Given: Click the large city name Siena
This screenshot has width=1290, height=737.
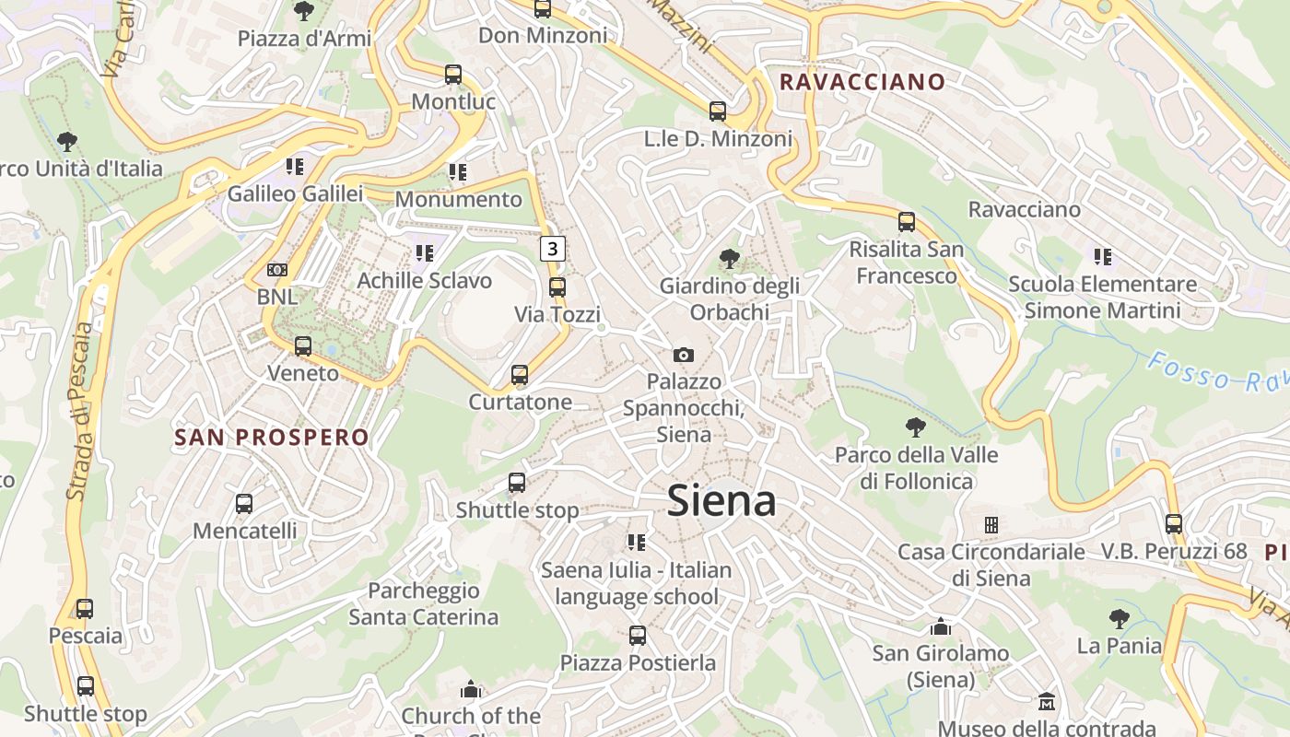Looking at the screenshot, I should coord(721,501).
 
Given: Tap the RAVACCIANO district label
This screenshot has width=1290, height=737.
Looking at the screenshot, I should coord(862,82).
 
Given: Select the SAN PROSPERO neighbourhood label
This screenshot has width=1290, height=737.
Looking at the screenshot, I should coord(272,438).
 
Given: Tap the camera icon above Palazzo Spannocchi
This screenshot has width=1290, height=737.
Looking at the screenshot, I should coord(683,355).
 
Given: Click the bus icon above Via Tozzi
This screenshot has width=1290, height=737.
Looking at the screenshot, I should coord(557,287).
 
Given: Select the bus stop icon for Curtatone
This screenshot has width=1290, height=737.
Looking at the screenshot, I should coord(520,375).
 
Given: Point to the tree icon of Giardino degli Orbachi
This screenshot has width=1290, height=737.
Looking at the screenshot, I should coord(729,259).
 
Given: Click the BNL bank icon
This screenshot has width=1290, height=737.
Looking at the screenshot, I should coord(276,270).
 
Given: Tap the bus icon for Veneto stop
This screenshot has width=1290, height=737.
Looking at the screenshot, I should coord(303,346).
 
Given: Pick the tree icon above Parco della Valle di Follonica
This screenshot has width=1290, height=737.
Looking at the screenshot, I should coord(915,427).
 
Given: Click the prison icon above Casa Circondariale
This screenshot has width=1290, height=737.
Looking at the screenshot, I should coord(991,525).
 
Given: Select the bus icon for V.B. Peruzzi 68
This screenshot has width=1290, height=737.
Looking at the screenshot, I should coord(1174,524).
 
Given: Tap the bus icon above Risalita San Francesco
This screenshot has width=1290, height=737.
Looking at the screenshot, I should coord(907,222).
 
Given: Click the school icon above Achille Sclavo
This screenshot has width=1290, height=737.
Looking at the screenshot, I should coord(424,252).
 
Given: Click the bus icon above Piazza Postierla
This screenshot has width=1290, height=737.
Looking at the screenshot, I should coord(637,636).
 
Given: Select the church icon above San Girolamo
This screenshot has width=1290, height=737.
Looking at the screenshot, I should coord(941,626).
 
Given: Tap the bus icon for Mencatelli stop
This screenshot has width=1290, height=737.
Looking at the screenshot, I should coord(244,504).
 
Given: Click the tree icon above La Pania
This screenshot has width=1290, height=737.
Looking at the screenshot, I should coord(1120,618).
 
